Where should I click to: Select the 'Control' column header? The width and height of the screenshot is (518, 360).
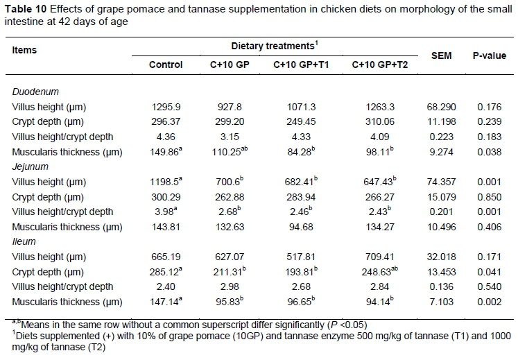click(x=166, y=65)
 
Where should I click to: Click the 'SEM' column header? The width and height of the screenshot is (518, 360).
click(x=441, y=55)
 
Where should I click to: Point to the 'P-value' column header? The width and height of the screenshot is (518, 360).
click(x=487, y=55)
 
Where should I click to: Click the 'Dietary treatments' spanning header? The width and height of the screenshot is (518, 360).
click(x=274, y=45)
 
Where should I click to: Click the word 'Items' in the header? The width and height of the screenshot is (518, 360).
click(x=24, y=51)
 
